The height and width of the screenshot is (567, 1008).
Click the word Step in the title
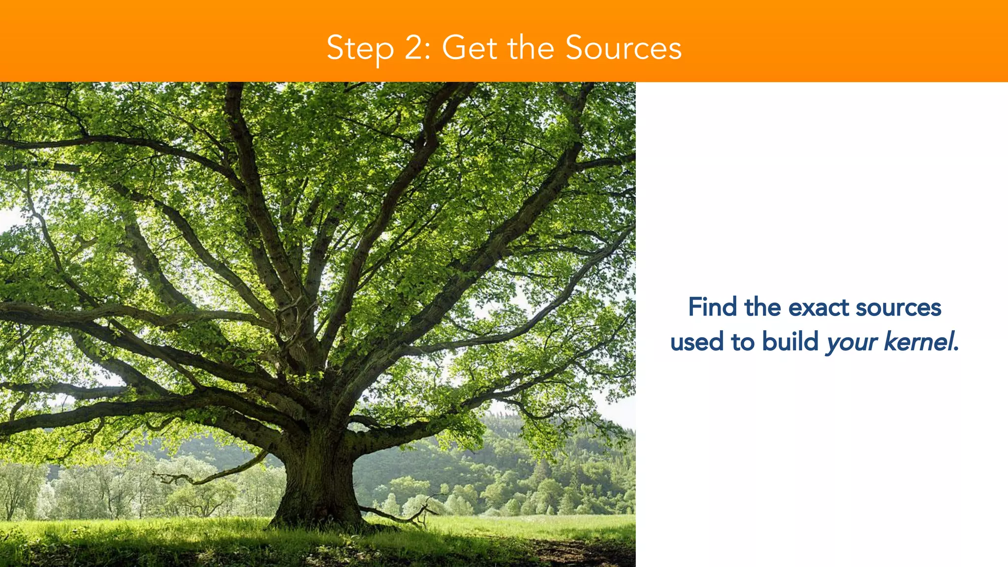tap(360, 48)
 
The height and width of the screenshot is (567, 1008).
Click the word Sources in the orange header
tap(623, 48)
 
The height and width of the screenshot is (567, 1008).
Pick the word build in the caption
tap(790, 341)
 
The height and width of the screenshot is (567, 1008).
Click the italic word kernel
tap(918, 341)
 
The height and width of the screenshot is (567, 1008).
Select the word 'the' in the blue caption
tap(762, 307)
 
